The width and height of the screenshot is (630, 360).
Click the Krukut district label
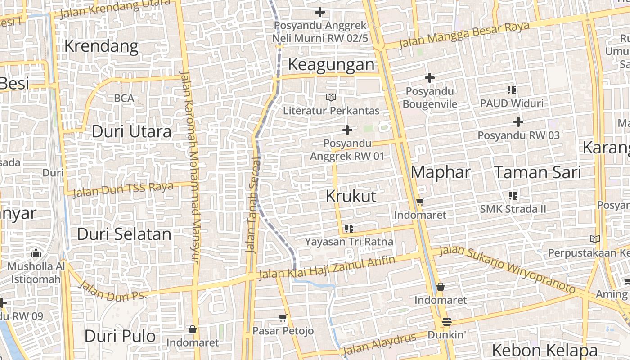click(351, 196)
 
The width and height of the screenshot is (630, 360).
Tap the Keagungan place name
click(331, 64)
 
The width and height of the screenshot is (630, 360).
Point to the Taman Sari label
click(537, 172)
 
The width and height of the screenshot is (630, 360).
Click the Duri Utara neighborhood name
click(131, 131)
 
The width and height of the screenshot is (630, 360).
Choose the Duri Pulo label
click(120, 336)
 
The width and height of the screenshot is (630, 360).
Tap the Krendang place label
click(101, 46)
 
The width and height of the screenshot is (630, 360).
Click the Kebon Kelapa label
click(544, 350)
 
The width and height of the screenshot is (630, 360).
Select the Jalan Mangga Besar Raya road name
click(464, 35)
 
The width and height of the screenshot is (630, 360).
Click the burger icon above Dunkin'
click(446, 322)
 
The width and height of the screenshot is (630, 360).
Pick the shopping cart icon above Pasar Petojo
click(283, 318)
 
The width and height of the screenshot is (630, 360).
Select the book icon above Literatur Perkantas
click(331, 97)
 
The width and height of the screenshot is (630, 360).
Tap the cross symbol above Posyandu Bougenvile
click(430, 78)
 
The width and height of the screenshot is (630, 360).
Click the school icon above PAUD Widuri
click(511, 90)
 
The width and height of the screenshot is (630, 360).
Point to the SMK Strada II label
click(513, 209)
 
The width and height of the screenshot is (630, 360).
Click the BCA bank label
click(124, 98)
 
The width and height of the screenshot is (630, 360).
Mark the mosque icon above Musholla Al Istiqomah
click(36, 253)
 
